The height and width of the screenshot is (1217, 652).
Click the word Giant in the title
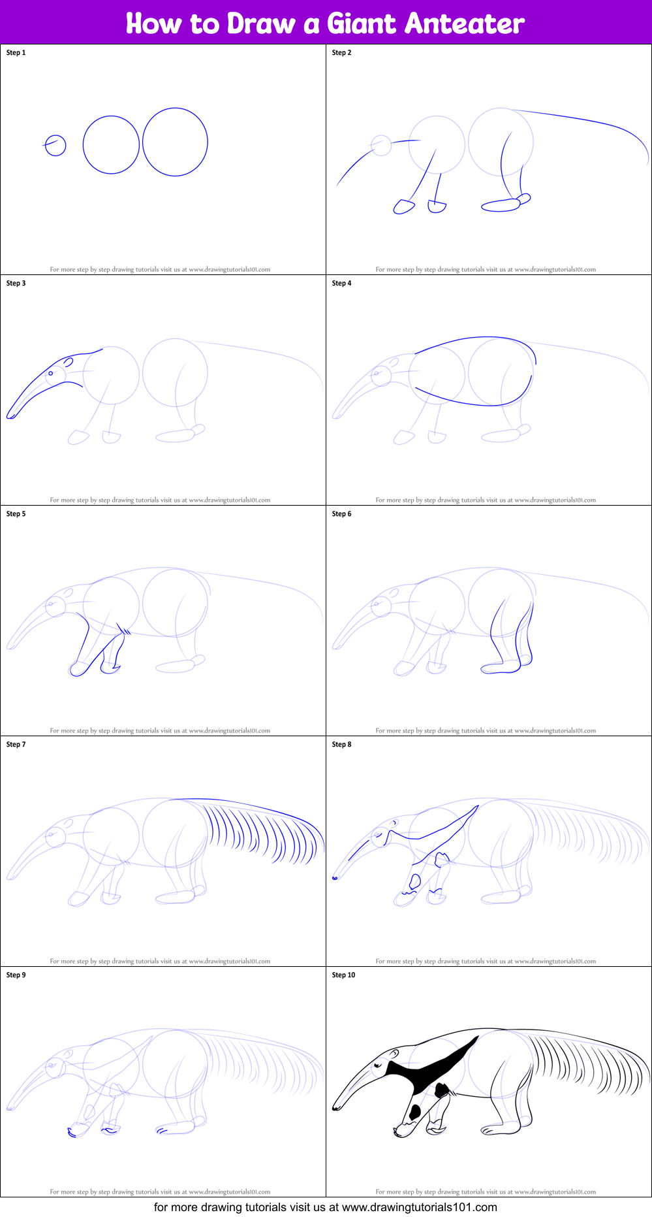(361, 24)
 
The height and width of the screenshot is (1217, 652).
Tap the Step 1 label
(16, 53)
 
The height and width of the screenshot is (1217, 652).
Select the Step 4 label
(341, 284)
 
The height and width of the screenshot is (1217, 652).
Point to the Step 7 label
(16, 745)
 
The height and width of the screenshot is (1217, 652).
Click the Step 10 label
(343, 975)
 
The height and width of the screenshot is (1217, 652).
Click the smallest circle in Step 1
(55, 146)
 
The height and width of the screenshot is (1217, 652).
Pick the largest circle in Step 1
(175, 142)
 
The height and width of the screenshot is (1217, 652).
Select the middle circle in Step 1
(111, 145)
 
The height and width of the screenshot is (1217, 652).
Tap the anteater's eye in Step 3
(51, 374)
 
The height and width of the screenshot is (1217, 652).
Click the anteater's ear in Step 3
(68, 361)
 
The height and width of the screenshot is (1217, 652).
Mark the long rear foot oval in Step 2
(501, 206)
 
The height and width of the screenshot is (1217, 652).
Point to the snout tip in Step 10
(335, 1107)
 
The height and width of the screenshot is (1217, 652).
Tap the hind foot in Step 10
(500, 1129)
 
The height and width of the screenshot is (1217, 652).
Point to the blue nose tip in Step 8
(335, 878)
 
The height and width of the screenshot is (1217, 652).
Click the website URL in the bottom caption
(419, 1207)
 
